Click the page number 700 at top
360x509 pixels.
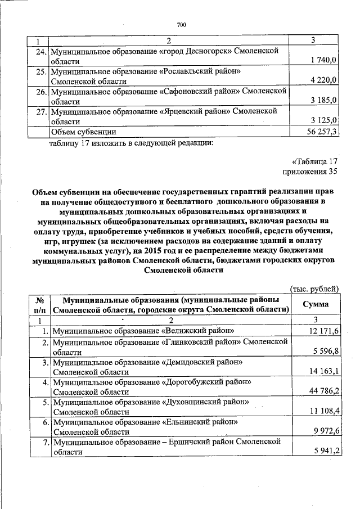[181, 24]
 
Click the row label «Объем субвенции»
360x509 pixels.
[84, 132]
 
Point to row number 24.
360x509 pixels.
[40, 51]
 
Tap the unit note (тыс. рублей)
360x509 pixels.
[314, 289]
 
